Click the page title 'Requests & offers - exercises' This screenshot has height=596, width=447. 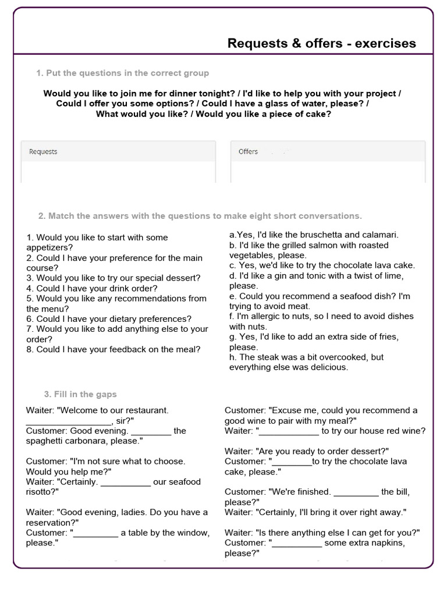click(321, 44)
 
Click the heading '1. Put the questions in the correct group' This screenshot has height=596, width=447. click(122, 73)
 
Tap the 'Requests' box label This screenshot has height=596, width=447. click(43, 152)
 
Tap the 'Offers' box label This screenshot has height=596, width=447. click(248, 152)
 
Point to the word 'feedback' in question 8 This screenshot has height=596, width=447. click(137, 349)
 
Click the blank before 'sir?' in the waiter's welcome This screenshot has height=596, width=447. click(69, 421)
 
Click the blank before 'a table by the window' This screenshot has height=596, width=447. click(95, 533)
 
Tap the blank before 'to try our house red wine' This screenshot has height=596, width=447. click(289, 431)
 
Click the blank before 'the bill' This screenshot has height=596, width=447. click(356, 492)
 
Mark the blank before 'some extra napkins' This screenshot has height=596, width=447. click(297, 542)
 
